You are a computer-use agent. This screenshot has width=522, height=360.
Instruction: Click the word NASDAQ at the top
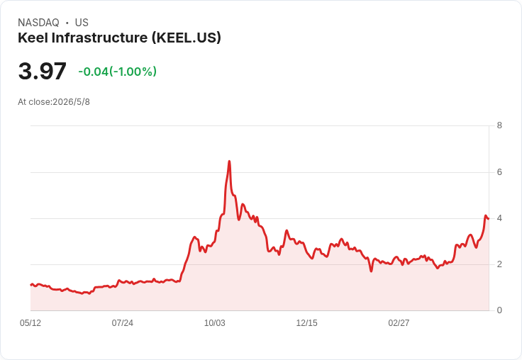[38, 23]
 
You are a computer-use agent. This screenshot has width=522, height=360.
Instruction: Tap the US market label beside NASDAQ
[82, 23]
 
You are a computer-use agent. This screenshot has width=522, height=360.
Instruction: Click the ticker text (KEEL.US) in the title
[187, 38]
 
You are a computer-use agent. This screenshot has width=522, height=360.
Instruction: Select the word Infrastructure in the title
[99, 38]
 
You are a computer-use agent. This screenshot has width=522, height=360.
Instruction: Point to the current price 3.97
[43, 71]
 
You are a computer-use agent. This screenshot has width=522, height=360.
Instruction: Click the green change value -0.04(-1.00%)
[118, 72]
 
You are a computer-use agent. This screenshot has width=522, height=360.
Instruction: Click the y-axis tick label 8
[499, 125]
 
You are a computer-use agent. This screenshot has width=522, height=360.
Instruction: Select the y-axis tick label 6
[499, 172]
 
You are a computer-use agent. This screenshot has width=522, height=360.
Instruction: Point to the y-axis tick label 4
[499, 218]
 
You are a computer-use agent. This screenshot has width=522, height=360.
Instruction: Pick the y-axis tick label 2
[499, 264]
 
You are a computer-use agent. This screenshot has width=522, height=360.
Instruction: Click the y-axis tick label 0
[499, 310]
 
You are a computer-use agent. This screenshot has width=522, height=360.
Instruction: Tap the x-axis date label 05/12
[30, 322]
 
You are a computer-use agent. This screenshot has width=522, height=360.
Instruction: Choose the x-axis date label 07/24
[123, 322]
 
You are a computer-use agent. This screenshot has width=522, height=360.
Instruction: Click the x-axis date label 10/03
[215, 322]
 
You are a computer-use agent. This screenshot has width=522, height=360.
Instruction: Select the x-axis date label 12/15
[306, 322]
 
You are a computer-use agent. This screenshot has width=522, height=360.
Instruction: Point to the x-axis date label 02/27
[399, 322]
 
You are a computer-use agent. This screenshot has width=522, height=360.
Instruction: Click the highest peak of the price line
[229, 162]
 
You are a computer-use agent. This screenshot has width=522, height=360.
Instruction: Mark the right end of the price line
[489, 218]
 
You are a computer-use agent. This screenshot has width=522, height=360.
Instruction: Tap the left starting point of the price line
[30, 285]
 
